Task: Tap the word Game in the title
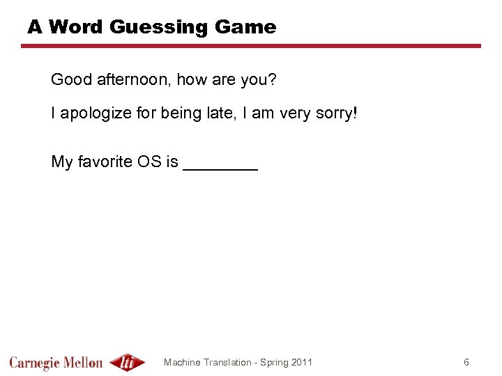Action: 245,27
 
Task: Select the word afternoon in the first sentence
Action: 132,80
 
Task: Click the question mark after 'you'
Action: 273,80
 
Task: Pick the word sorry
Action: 334,113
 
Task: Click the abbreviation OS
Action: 153,162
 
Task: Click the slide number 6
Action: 466,362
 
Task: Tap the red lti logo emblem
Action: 128,362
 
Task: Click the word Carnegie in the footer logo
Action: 35,363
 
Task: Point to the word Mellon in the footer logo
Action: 84,362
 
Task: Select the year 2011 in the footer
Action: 301,362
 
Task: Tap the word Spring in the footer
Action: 273,363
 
